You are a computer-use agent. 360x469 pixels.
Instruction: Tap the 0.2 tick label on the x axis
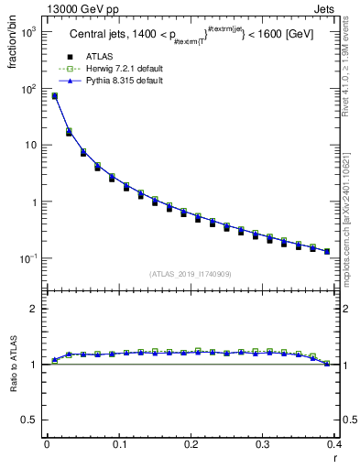point(191,445)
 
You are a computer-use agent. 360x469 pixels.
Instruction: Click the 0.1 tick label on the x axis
point(119,445)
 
